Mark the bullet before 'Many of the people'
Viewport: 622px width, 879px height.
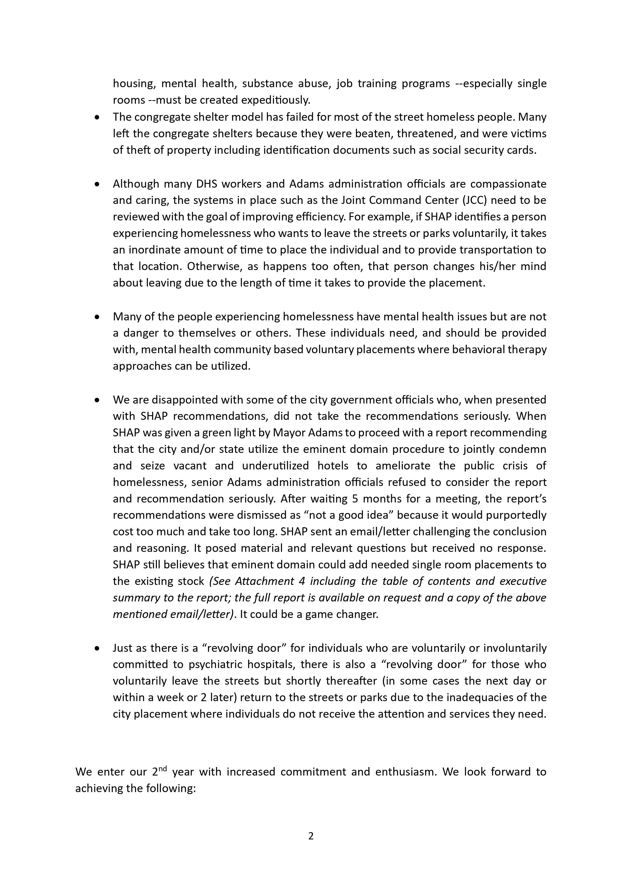point(97,317)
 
